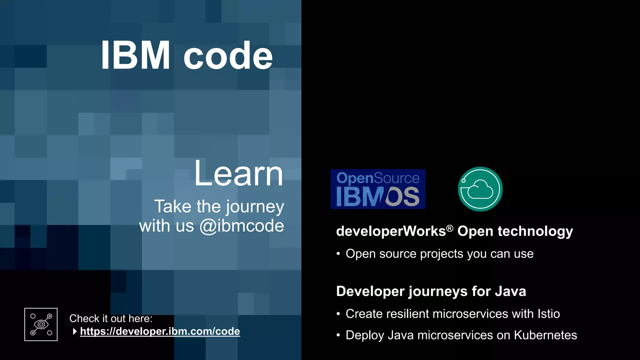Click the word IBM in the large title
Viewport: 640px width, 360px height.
pos(135,56)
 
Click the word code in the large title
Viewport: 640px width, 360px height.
pos(228,56)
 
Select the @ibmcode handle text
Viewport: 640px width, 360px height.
pos(242,226)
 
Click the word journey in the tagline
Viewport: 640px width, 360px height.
pos(255,207)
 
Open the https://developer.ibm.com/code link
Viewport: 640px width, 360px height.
pos(160,331)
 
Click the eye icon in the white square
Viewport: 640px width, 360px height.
pos(41,324)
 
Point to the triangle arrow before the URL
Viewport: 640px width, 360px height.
pos(75,331)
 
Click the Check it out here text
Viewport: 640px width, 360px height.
pos(111,318)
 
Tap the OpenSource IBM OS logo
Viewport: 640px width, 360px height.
pos(378,189)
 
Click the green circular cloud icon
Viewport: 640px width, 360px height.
pos(480,189)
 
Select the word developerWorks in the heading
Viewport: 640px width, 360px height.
pos(391,231)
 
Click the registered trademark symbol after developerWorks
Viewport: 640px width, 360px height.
pos(449,228)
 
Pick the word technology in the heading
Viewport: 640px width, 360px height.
pos(535,231)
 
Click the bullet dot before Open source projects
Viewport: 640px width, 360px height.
pos(338,254)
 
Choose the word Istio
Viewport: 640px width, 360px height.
pos(548,314)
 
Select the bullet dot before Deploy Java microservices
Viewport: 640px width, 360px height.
pos(338,335)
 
